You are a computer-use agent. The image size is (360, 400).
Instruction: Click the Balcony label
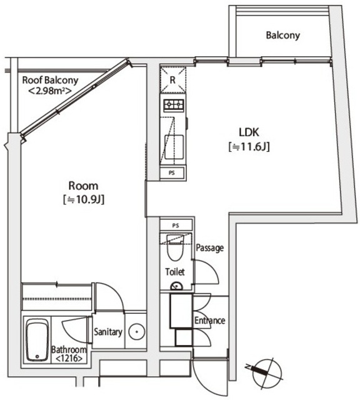pos(282,35)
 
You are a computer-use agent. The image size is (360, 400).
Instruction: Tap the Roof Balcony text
pos(50,80)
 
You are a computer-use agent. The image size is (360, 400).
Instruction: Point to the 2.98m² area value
pos(49,91)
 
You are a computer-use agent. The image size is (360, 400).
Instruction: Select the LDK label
pos(249,132)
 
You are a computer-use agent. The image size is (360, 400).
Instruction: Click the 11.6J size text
pos(249,147)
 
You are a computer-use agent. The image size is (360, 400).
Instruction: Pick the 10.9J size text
pos(83,199)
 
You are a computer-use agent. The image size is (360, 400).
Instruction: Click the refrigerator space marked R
pos(173,79)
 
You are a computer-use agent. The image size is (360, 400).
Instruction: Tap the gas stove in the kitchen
pos(174,105)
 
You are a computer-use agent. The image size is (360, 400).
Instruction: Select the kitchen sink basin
pos(174,147)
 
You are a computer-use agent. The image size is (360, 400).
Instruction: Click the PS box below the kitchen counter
pos(172,173)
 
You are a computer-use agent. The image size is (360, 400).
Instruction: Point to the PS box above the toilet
pos(176,225)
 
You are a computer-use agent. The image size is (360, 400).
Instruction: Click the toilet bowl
pos(175,248)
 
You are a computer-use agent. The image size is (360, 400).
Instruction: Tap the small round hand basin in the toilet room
pos(176,286)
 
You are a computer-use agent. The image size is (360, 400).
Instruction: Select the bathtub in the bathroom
pos(37,340)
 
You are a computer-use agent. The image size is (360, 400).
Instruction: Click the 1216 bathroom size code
pos(69,359)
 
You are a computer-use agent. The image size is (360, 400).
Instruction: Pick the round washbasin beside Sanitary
pos(137,332)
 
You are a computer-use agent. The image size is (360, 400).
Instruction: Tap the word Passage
pos(210,247)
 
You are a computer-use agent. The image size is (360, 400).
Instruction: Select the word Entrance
pos(210,321)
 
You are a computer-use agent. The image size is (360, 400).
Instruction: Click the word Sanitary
pos(108,332)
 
